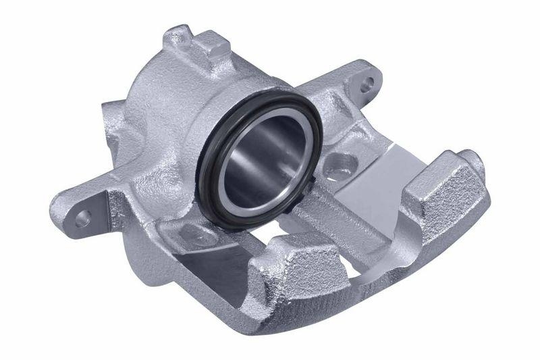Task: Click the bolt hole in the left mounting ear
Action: point(83,217)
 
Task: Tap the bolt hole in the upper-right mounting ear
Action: point(366,85)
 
